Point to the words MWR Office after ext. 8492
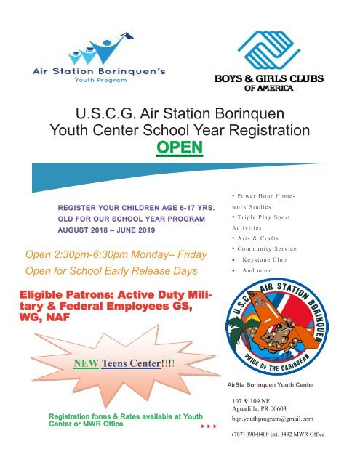[x=312, y=436]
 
